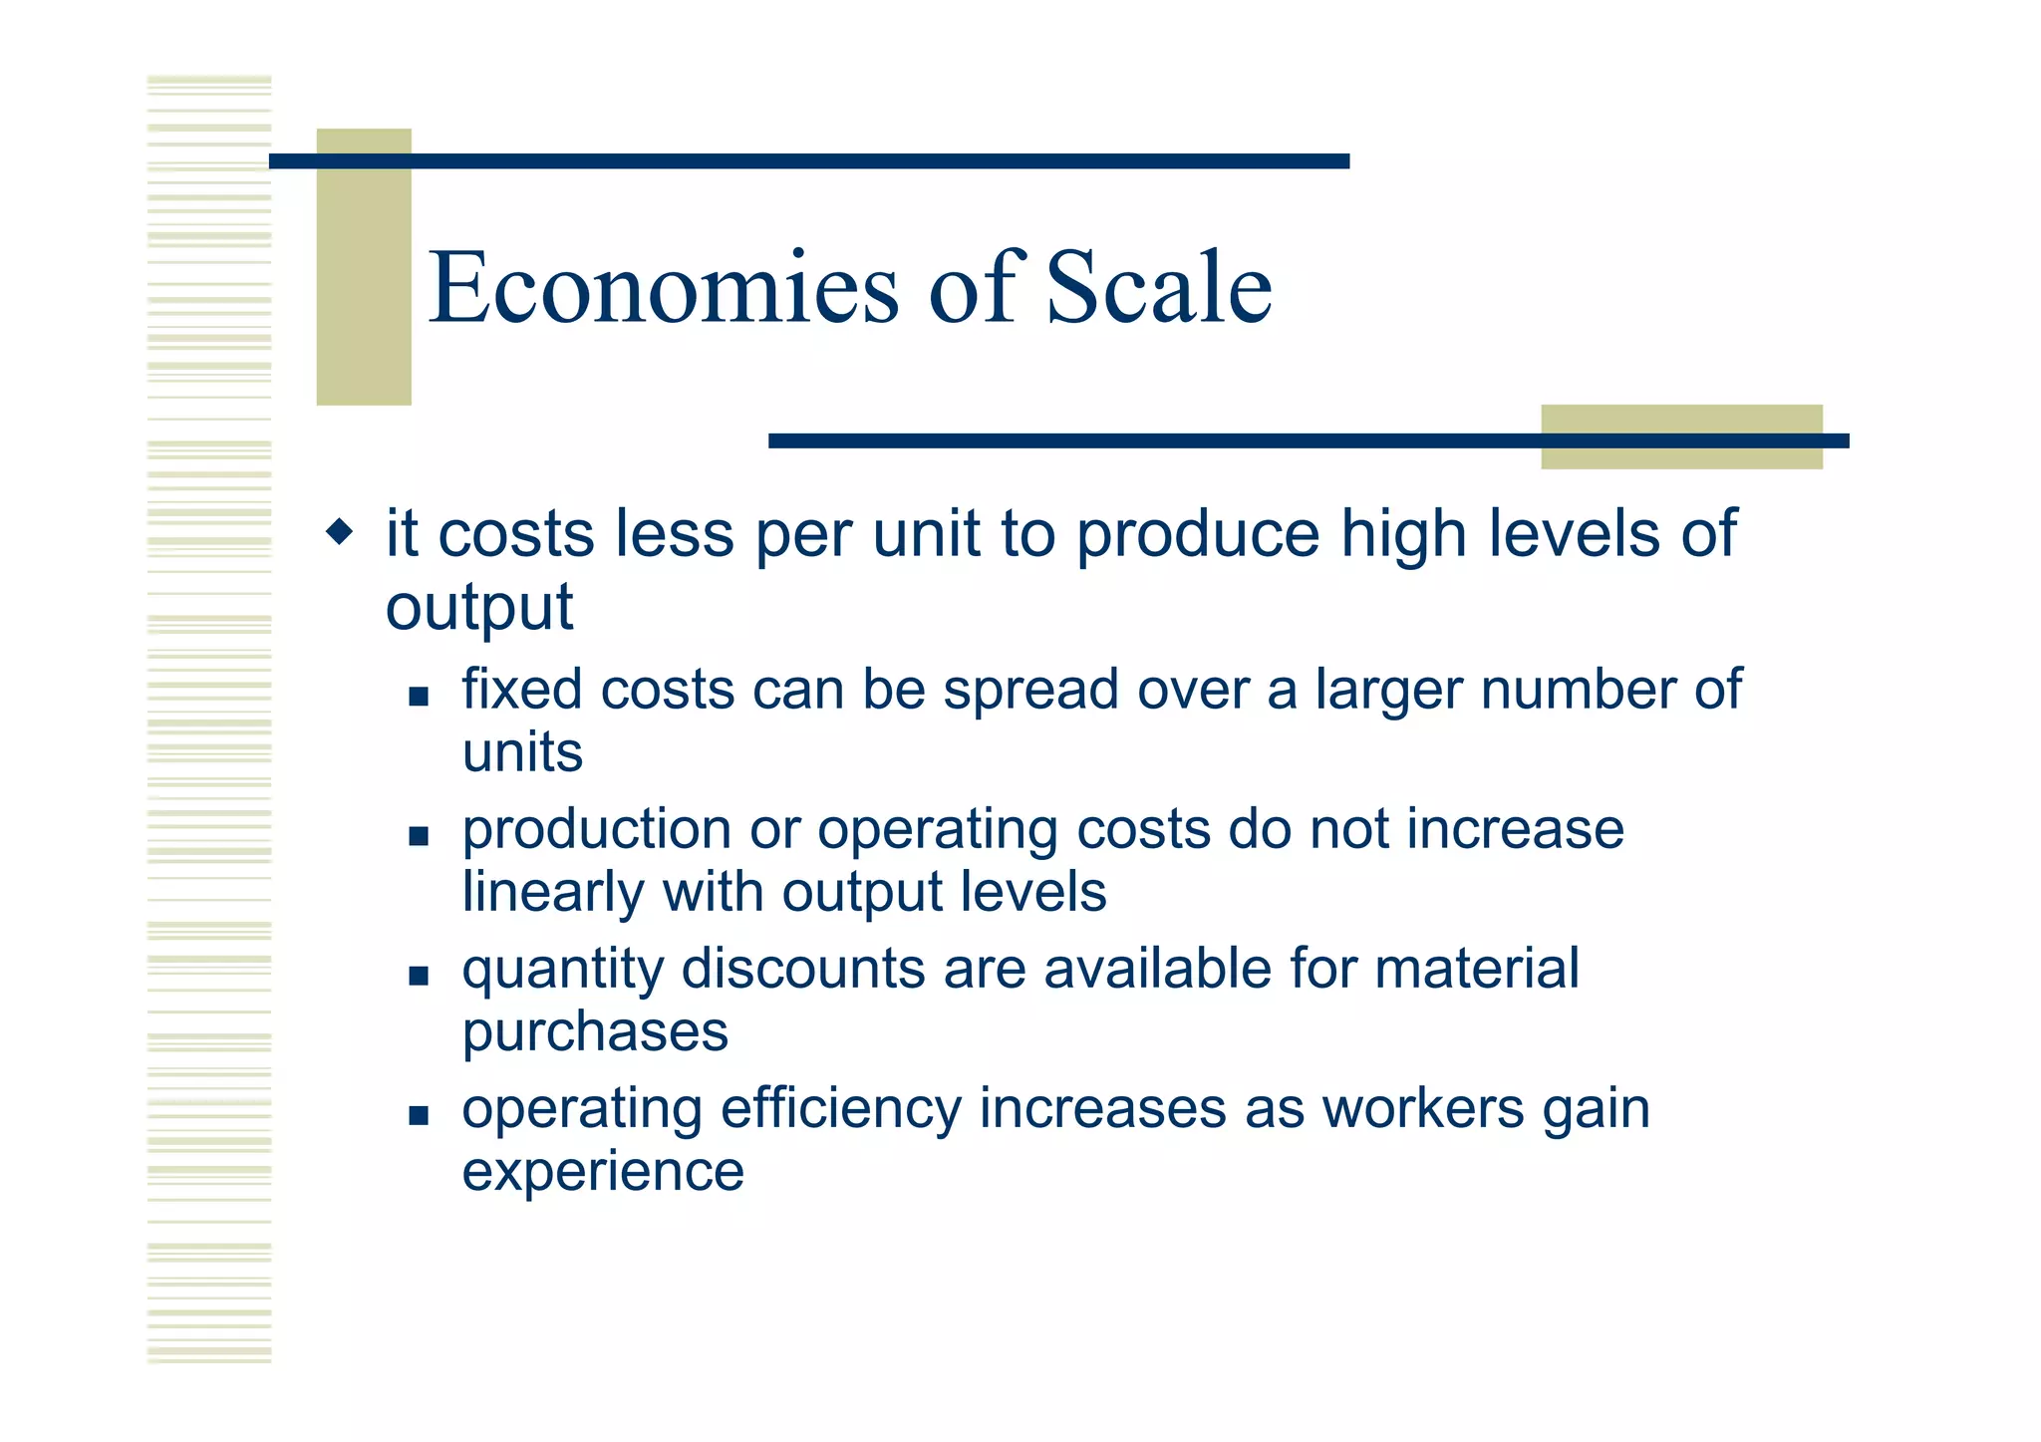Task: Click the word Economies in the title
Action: (x=663, y=289)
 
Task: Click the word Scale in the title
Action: (x=1158, y=289)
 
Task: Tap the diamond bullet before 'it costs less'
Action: (x=340, y=531)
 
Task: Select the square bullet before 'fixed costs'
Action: (x=419, y=697)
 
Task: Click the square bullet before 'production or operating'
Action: (x=419, y=836)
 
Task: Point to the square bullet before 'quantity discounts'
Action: (x=419, y=976)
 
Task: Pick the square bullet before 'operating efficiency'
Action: (x=419, y=1115)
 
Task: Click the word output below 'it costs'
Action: (x=479, y=608)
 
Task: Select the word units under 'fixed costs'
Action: (x=522, y=752)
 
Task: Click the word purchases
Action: (x=595, y=1032)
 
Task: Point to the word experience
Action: (x=603, y=1171)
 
